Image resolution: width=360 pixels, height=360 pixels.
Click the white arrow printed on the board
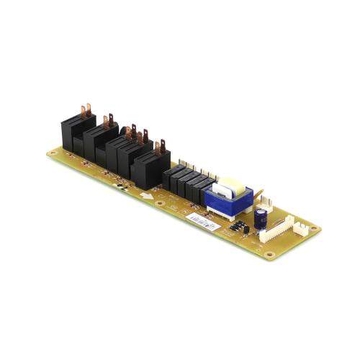(x=147, y=195)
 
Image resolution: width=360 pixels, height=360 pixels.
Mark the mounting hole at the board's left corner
(x=53, y=152)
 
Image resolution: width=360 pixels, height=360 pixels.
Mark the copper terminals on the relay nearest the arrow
(x=160, y=147)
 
